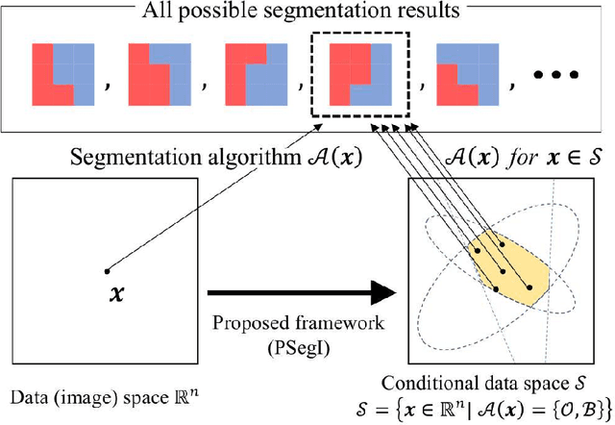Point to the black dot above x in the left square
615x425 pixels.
click(107, 268)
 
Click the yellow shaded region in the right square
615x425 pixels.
click(514, 264)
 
